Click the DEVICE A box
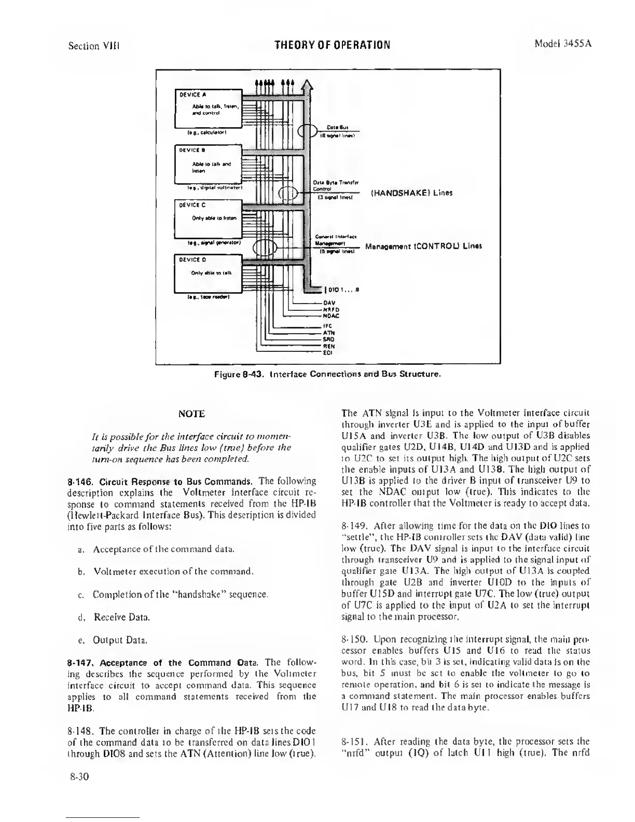[208, 108]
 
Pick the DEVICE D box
[208, 273]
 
